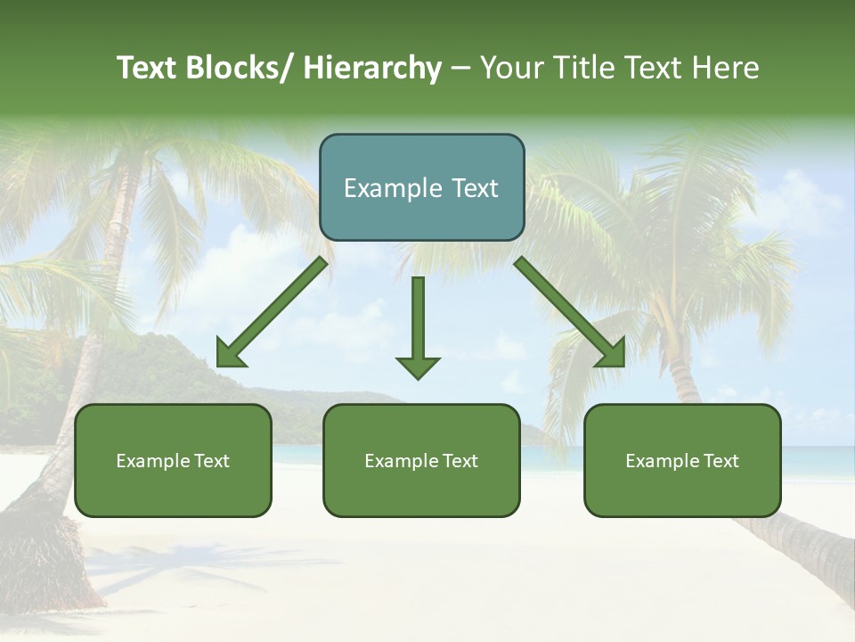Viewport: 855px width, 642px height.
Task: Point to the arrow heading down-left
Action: [272, 312]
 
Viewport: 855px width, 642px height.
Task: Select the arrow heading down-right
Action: [570, 312]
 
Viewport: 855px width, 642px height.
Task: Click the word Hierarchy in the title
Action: [373, 68]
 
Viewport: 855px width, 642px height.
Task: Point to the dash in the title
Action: [460, 68]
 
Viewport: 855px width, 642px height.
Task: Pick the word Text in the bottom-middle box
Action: [459, 461]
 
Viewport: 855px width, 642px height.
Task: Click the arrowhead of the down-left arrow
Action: [229, 355]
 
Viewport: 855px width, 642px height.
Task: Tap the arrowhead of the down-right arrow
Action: [613, 355]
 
